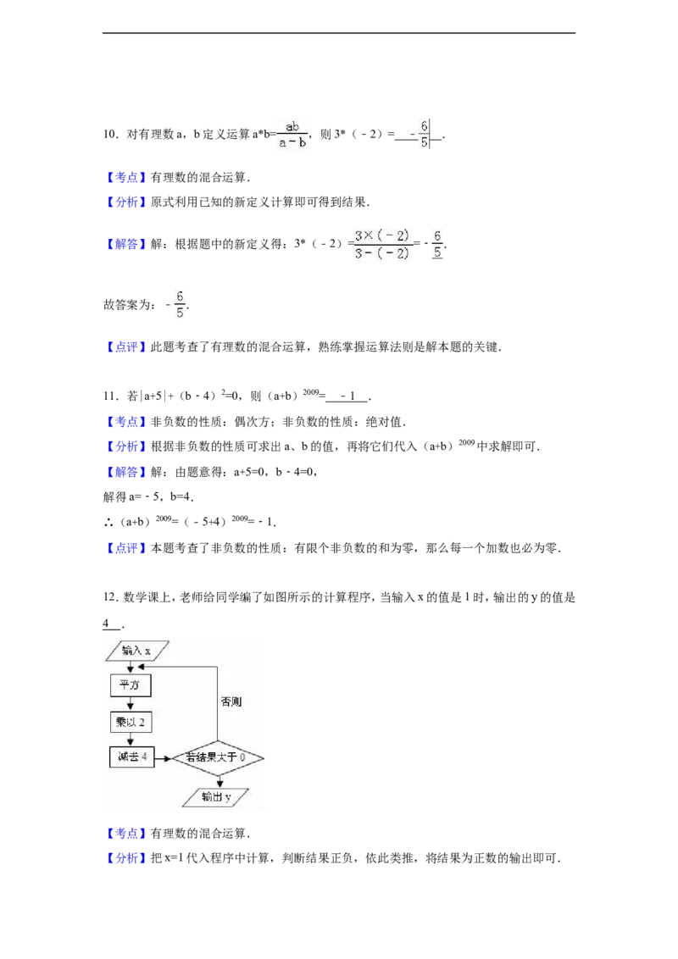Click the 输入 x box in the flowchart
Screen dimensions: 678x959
tap(137, 651)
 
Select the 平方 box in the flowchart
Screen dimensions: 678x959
tap(131, 685)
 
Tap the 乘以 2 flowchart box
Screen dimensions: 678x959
tap(131, 723)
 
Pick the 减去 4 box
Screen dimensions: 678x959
tap(131, 757)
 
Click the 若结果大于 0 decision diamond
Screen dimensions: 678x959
tap(217, 757)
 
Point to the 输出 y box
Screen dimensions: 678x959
tap(216, 797)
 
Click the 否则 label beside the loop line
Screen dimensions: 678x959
tap(231, 701)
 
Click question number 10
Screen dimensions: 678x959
tap(111, 134)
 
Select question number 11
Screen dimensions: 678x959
tap(111, 396)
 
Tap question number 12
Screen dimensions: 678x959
tap(111, 597)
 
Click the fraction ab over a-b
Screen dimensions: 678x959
tap(292, 134)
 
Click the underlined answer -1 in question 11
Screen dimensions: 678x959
tap(347, 396)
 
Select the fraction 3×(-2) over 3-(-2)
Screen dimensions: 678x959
tap(382, 244)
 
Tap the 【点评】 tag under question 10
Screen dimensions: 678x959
tap(126, 346)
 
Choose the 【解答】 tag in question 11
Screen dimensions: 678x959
tap(126, 472)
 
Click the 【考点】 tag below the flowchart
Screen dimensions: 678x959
tap(126, 833)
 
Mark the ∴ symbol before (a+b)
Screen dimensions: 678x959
tap(109, 522)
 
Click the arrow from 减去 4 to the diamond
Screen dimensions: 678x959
tap(162, 758)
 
